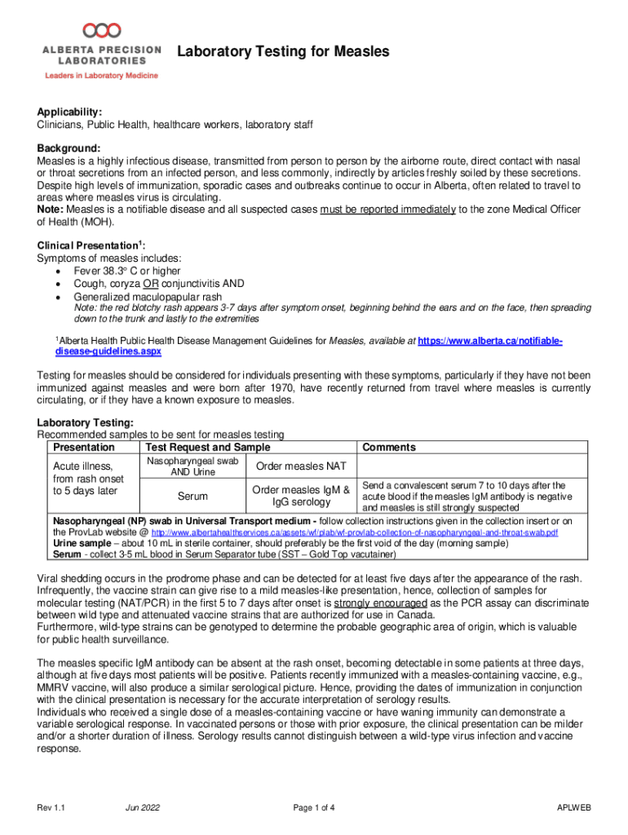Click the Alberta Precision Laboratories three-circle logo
102,30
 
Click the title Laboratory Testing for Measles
283,52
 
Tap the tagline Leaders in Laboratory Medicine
101,76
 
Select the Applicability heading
69,112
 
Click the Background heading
69,148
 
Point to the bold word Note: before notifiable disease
51,210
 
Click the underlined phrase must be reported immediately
387,210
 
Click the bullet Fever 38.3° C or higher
127,271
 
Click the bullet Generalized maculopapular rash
148,296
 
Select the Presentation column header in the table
83,447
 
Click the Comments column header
389,447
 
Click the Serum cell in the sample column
192,496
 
